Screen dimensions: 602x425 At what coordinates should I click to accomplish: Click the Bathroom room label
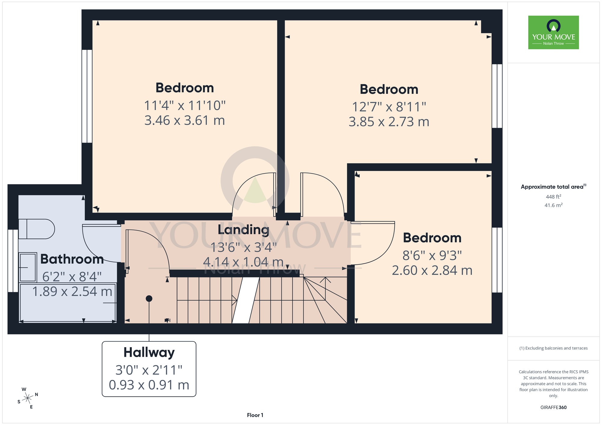[x=72, y=259]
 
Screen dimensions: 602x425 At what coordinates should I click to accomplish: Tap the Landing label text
[x=244, y=230]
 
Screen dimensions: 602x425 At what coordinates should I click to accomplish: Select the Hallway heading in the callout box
[x=149, y=353]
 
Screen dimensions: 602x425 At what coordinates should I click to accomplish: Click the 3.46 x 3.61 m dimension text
[x=185, y=121]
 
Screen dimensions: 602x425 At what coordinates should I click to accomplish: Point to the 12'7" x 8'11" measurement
[x=389, y=107]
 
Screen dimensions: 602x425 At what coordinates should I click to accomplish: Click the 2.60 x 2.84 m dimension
[x=432, y=271]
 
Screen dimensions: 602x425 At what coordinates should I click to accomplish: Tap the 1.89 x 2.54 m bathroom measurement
[x=72, y=292]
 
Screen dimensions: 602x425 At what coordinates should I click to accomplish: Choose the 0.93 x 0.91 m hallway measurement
[x=149, y=385]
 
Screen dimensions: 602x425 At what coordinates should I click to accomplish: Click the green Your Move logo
[x=554, y=32]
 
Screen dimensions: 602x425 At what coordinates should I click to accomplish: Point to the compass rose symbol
[x=28, y=398]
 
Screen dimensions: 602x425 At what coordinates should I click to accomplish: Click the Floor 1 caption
[x=255, y=415]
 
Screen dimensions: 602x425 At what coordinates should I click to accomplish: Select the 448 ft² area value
[x=554, y=197]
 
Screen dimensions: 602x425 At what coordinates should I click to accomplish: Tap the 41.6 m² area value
[x=554, y=205]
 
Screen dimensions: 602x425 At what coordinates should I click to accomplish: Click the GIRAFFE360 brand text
[x=554, y=408]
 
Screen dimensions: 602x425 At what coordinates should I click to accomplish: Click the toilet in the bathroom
[x=36, y=229]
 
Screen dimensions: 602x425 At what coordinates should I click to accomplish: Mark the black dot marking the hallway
[x=149, y=298]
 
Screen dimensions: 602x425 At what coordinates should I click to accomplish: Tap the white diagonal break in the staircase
[x=246, y=300]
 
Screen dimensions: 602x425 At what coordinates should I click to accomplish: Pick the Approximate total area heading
[x=554, y=187]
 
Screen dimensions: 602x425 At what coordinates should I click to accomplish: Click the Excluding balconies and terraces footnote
[x=554, y=348]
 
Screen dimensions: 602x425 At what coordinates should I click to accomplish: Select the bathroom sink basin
[x=28, y=267]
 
